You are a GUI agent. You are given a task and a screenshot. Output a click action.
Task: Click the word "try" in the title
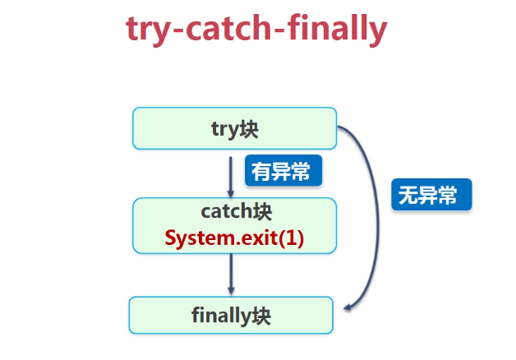(148, 30)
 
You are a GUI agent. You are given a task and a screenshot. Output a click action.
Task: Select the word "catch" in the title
(221, 30)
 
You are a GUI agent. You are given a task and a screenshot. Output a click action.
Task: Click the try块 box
(234, 127)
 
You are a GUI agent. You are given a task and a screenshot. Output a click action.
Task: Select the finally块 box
(231, 315)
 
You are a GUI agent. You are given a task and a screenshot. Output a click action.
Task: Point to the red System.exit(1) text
(234, 238)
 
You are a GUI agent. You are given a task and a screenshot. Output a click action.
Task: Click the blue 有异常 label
(283, 172)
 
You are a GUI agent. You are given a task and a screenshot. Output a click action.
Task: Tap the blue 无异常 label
(431, 196)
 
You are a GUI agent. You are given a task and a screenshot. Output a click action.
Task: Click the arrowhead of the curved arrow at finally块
(348, 307)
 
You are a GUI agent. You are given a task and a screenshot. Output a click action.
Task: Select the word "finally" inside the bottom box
(220, 315)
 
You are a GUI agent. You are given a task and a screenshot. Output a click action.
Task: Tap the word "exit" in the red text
(262, 238)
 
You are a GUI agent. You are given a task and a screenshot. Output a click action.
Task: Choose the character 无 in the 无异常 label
(408, 196)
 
